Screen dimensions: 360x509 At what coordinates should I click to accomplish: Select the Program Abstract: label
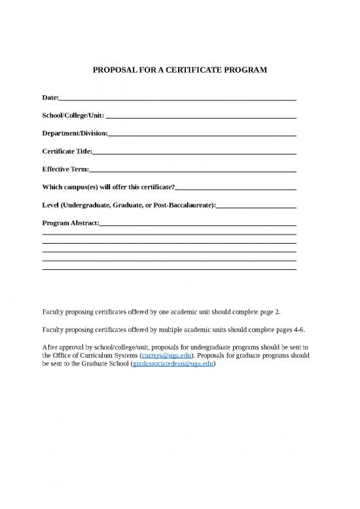[71, 223]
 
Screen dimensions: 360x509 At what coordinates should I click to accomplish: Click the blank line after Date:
[177, 98]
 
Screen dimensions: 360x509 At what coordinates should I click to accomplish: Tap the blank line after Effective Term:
[192, 170]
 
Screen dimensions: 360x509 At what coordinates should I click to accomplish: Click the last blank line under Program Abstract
[169, 269]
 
